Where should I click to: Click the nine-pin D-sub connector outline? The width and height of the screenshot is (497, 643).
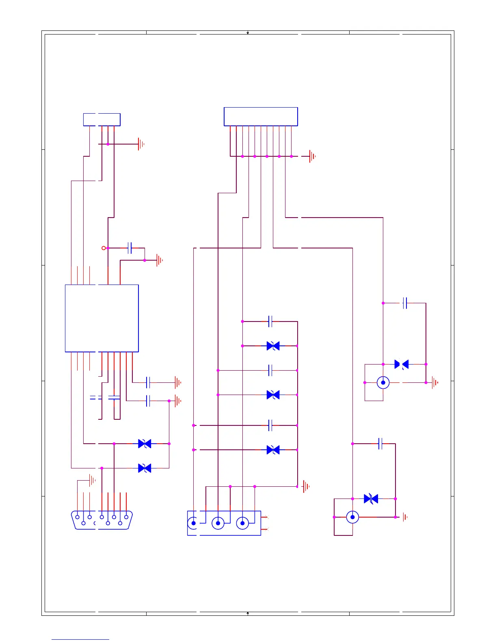pyautogui.click(x=102, y=520)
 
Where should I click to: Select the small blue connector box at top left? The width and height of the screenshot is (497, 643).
pyautogui.click(x=102, y=120)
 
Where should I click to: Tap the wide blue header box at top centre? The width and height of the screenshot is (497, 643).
pyautogui.click(x=261, y=117)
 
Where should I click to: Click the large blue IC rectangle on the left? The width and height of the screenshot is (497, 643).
pyautogui.click(x=102, y=318)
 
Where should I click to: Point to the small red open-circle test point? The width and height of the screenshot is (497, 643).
pyautogui.click(x=104, y=248)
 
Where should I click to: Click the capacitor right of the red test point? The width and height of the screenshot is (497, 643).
pyautogui.click(x=130, y=248)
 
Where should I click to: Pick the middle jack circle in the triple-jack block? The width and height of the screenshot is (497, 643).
pyautogui.click(x=218, y=523)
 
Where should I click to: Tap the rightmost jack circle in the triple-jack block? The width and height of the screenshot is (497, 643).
pyautogui.click(x=242, y=523)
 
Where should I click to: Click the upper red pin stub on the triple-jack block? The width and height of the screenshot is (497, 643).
pyautogui.click(x=265, y=517)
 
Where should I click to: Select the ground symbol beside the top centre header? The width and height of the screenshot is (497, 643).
pyautogui.click(x=312, y=156)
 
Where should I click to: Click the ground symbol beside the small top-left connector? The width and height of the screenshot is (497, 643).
pyautogui.click(x=141, y=144)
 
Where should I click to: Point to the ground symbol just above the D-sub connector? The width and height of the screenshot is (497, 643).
pyautogui.click(x=92, y=481)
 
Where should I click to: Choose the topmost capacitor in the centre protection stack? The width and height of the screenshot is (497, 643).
pyautogui.click(x=270, y=321)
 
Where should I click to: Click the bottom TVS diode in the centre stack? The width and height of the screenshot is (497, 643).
pyautogui.click(x=273, y=450)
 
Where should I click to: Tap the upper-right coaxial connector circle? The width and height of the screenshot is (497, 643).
pyautogui.click(x=383, y=382)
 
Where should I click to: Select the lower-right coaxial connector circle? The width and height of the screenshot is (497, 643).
pyautogui.click(x=352, y=517)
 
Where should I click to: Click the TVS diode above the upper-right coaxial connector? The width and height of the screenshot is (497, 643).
pyautogui.click(x=402, y=365)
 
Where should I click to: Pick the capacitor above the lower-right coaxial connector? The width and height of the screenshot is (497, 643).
pyautogui.click(x=380, y=444)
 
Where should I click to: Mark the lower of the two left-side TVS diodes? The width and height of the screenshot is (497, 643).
pyautogui.click(x=145, y=468)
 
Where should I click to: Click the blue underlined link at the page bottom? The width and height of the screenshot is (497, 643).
pyautogui.click(x=80, y=639)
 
